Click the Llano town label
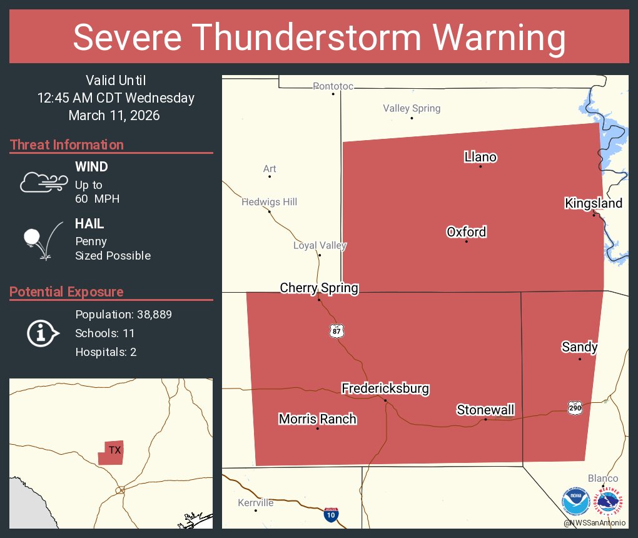pos(480,157)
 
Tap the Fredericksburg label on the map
pos(385,388)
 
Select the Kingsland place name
pos(593,203)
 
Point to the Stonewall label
pos(485,410)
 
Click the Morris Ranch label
pos(317,419)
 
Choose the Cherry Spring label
pos(319,288)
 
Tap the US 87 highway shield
pos(337,331)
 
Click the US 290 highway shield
pos(575,408)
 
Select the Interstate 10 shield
pos(332,515)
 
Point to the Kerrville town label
pos(255,503)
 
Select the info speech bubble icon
pos(42,333)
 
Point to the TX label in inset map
pos(114,450)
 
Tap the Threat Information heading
pos(67,145)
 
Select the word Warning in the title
pos(489,38)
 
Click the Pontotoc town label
pos(333,86)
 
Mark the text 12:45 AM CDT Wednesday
pos(116,98)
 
